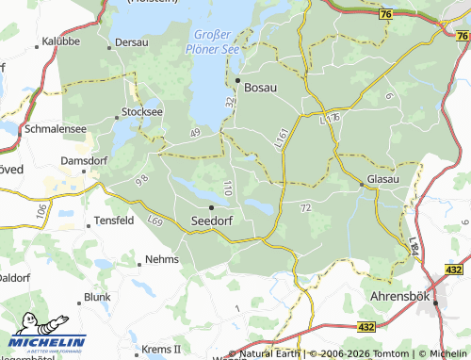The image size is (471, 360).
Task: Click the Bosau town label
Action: [261, 87]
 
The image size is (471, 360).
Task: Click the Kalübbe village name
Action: [61, 41]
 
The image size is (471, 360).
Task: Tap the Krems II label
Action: [160, 348]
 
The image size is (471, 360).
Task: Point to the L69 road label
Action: [155, 221]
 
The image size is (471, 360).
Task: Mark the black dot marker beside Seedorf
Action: [212, 206]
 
